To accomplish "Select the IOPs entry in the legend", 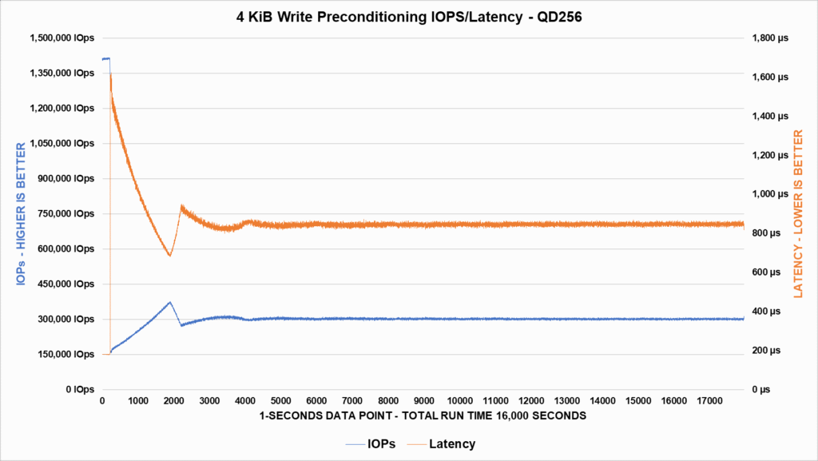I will pos(372,443).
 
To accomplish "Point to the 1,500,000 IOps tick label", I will pos(62,38).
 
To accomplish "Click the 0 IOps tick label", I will pos(81,390).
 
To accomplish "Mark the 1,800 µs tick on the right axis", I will pos(767,38).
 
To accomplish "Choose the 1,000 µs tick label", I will pos(767,194).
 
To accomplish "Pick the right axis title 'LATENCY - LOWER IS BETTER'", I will pos(797,214).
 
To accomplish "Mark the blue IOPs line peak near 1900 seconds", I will pos(169,302).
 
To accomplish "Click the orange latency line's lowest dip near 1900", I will pos(169,256).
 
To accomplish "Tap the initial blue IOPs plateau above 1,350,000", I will pos(105,58).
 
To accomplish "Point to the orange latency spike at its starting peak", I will pos(110,74).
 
